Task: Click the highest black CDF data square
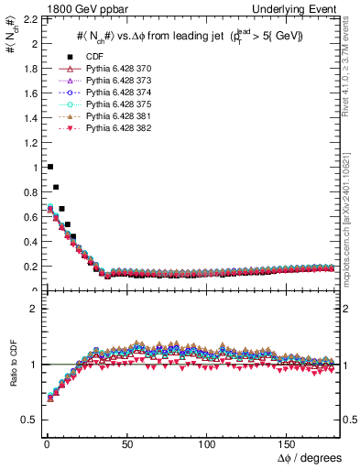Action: pyautogui.click(x=49, y=167)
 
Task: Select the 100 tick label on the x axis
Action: pyautogui.click(x=208, y=443)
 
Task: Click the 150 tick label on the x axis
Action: pyautogui.click(x=289, y=443)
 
